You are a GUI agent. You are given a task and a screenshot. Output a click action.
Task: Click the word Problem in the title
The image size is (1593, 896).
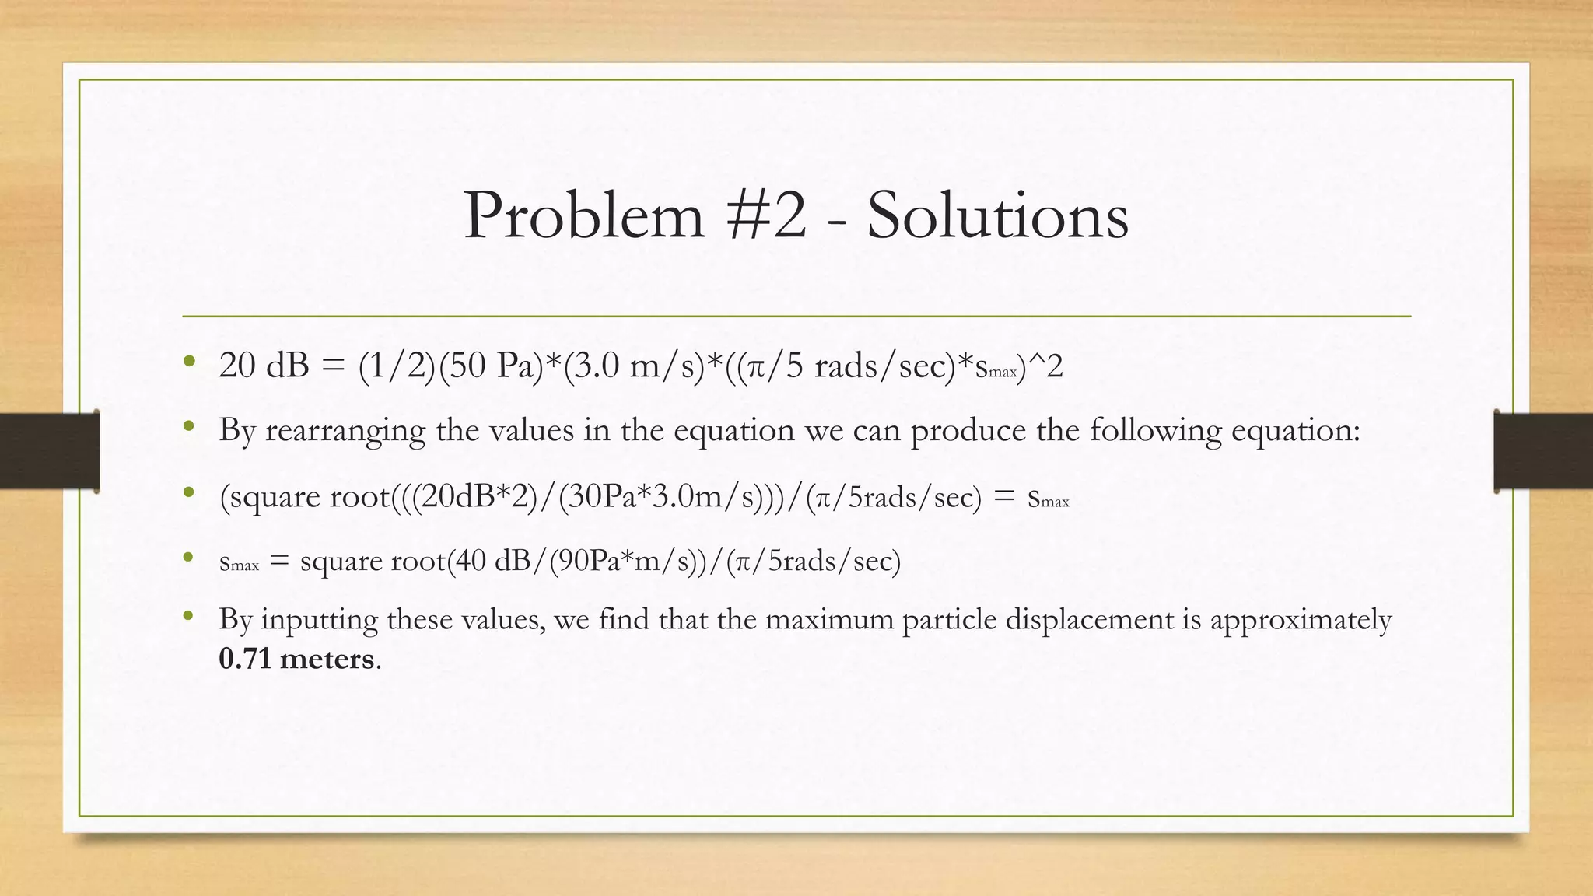click(x=583, y=215)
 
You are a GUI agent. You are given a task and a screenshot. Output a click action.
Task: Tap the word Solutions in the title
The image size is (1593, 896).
click(x=997, y=215)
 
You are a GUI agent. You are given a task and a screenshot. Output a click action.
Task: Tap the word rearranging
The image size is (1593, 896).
click(x=345, y=430)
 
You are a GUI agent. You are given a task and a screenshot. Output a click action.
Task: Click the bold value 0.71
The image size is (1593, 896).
click(x=245, y=659)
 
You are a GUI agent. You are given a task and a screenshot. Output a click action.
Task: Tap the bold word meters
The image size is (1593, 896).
click(x=327, y=659)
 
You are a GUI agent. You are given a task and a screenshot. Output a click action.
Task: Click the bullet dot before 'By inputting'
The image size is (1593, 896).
click(x=187, y=617)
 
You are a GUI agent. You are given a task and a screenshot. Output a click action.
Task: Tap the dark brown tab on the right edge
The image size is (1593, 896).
click(x=1543, y=451)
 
